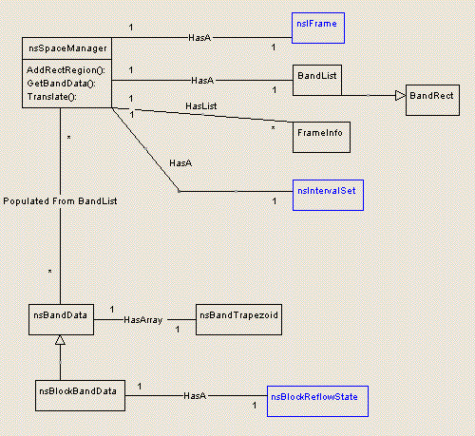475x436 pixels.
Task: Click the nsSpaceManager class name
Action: pyautogui.click(x=66, y=47)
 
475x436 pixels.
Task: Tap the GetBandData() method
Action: pyautogui.click(x=59, y=84)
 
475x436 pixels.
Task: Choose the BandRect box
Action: pyautogui.click(x=433, y=98)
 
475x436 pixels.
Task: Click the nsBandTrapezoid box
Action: pyautogui.click(x=238, y=318)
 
